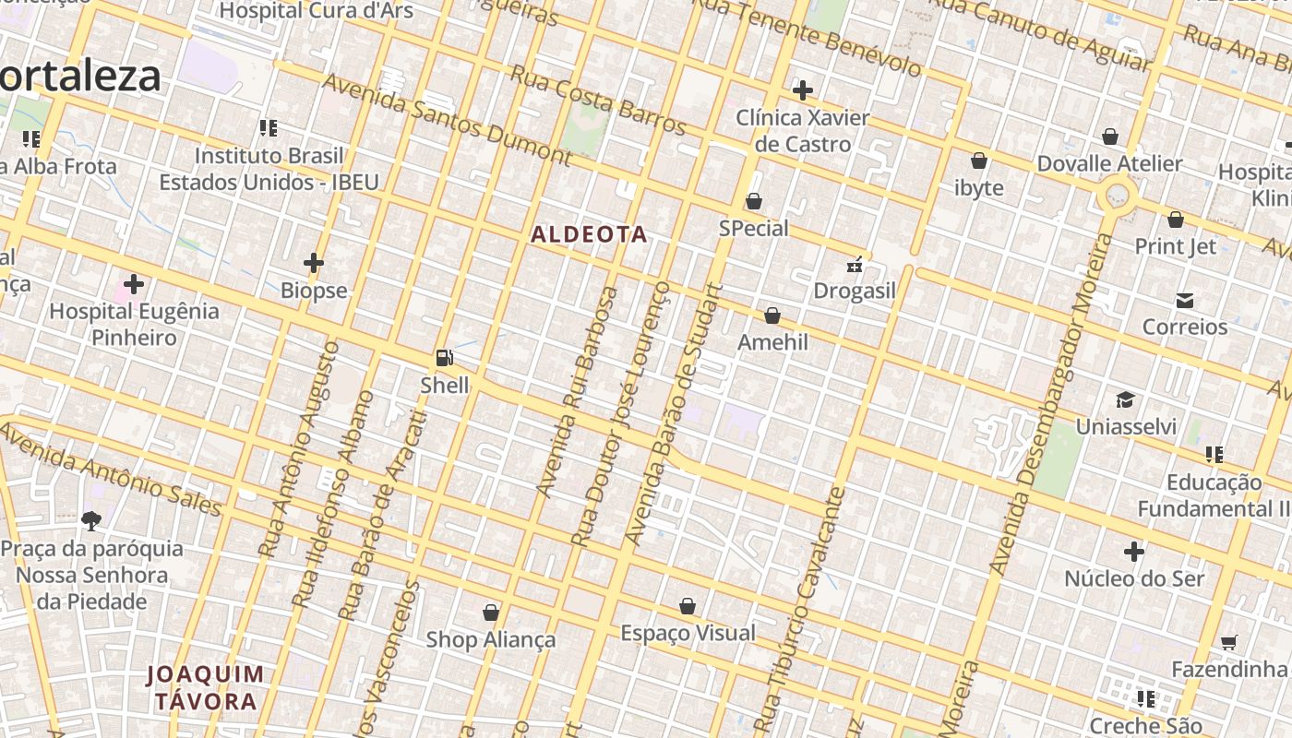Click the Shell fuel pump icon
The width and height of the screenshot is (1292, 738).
pos(444,358)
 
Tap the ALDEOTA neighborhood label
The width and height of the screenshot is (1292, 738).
pos(589,234)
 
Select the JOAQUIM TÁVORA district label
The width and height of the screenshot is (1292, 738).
pos(206,688)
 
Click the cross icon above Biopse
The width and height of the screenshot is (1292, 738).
pos(314,264)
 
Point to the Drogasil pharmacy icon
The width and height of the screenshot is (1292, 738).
pos(855,265)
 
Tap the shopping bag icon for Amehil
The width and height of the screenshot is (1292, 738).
pos(772,316)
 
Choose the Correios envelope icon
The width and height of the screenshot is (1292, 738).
pos(1185,301)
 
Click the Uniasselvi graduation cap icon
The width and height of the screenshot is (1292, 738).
pos(1125,399)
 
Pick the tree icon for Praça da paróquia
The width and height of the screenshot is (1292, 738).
pos(90,521)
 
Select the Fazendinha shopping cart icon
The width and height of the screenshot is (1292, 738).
pos(1228,642)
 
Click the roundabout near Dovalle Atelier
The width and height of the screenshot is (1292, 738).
pos(1118,195)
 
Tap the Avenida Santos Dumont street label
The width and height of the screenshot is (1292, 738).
pos(447,119)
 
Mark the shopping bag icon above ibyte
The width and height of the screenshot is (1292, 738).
pos(979,161)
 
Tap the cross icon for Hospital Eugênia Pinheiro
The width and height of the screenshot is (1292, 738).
pos(134,284)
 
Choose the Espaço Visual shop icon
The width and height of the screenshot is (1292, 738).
pos(688,606)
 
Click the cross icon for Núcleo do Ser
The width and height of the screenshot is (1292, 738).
pos(1134,552)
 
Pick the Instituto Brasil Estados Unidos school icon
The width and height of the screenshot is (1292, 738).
pos(269,128)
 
